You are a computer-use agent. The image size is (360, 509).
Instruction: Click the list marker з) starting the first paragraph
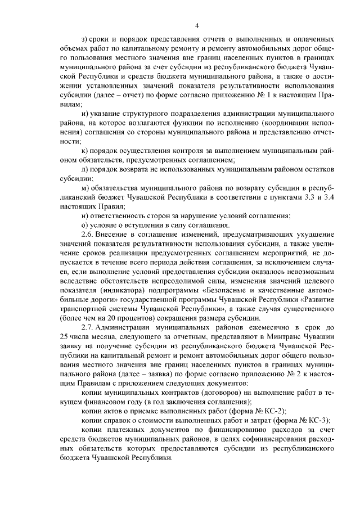point(85,40)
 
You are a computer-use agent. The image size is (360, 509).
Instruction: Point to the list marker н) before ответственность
point(85,215)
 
